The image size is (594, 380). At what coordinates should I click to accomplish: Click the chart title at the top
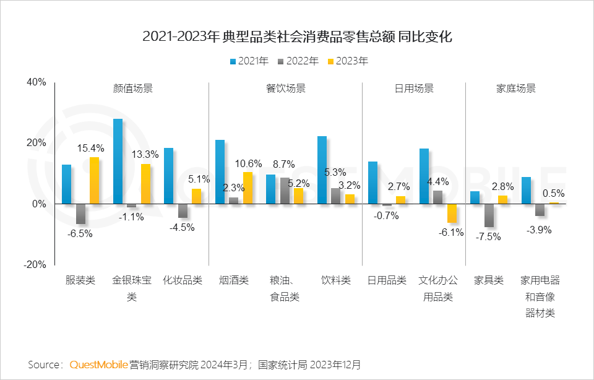[297, 37]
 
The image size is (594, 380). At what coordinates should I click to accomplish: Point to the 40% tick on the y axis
[36, 82]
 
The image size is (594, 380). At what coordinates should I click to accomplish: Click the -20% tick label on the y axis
[35, 264]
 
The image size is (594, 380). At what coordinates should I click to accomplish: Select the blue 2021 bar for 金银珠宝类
[118, 161]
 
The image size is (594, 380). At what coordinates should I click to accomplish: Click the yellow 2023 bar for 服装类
[94, 180]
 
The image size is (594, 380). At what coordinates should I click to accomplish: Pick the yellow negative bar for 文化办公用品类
[452, 213]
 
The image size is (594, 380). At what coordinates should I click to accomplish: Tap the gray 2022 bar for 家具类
[489, 215]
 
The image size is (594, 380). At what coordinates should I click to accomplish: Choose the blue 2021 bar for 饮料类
[322, 170]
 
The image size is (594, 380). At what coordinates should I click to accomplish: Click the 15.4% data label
[91, 149]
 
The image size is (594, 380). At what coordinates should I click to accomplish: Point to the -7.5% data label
[488, 236]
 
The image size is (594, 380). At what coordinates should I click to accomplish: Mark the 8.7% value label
[283, 165]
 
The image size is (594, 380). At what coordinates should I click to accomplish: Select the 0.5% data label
[554, 193]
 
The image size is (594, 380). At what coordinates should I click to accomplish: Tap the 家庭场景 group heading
[515, 89]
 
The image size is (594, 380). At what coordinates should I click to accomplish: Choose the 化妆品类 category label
[183, 280]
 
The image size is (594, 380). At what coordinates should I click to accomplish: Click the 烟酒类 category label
[233, 280]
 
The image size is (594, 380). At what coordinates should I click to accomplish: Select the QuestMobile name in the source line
[99, 364]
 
